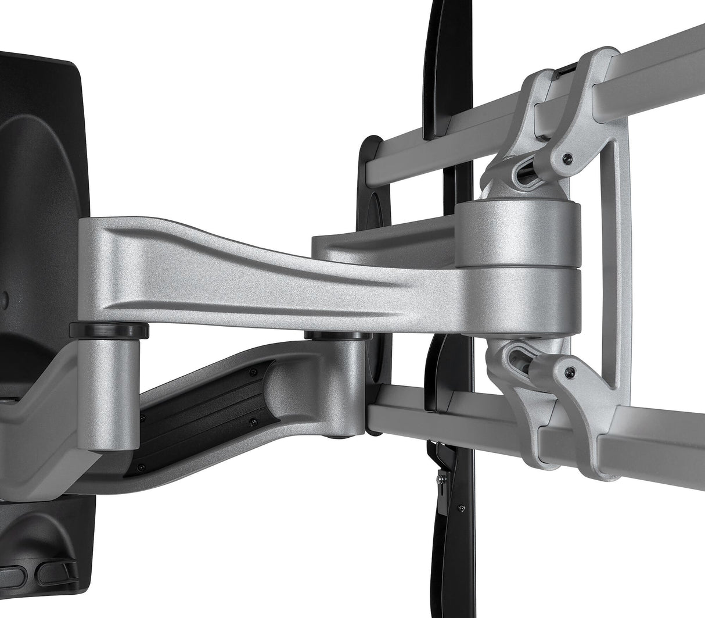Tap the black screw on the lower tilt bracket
[x=571, y=371]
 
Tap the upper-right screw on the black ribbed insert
[x=251, y=371]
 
